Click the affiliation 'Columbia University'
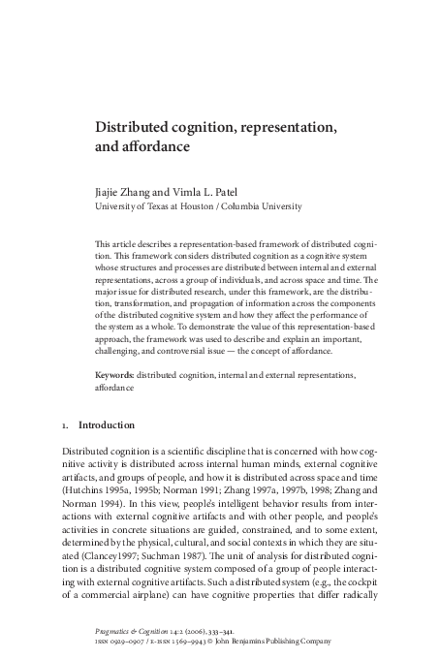pyautogui.click(x=266, y=205)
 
